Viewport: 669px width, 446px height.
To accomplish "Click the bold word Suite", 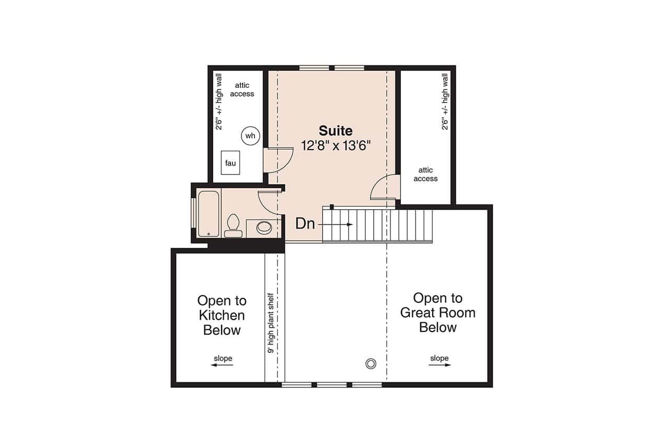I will (x=336, y=131).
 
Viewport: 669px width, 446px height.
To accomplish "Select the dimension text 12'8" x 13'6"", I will (x=336, y=145).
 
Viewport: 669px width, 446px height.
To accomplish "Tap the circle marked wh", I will (x=250, y=136).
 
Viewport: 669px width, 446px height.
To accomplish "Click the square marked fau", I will (x=230, y=163).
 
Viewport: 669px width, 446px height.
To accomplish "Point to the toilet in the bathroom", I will (x=233, y=226).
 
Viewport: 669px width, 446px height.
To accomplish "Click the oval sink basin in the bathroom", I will (x=264, y=227).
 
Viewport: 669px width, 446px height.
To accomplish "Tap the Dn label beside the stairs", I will (x=305, y=224).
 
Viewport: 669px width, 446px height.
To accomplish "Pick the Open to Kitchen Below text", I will (x=222, y=315).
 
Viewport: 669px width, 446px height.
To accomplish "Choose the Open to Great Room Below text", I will (x=438, y=313).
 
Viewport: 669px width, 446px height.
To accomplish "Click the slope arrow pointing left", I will (x=222, y=365).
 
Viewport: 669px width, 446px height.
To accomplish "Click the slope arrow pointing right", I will (x=440, y=365).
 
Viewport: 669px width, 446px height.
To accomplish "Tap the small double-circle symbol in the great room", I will (x=371, y=363).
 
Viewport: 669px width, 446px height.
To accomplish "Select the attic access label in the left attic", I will (x=242, y=89).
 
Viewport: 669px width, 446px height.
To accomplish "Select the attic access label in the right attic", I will (x=425, y=174).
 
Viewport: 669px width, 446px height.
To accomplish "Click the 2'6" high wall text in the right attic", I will (x=445, y=101).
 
